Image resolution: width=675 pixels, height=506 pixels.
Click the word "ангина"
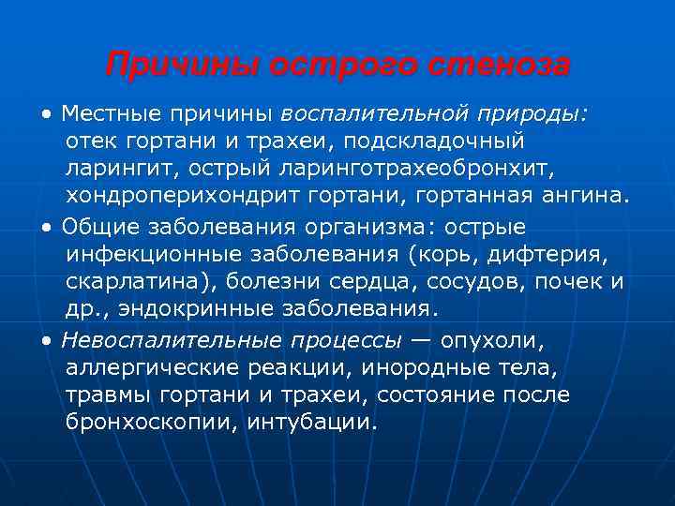click(x=583, y=198)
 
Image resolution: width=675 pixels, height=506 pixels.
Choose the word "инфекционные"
click(x=153, y=254)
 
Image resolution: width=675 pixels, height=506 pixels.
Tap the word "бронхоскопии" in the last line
click(x=151, y=423)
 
